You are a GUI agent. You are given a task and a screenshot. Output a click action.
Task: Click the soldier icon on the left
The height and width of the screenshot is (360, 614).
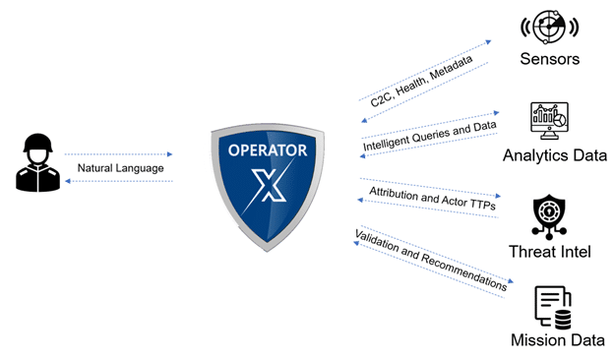pyautogui.click(x=37, y=163)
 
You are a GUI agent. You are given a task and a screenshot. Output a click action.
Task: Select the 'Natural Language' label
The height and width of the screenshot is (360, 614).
pyautogui.click(x=120, y=167)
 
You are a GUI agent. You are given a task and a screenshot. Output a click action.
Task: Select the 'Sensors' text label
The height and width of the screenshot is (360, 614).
pyautogui.click(x=550, y=59)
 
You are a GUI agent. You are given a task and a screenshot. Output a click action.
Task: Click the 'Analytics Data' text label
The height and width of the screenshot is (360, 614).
pyautogui.click(x=555, y=155)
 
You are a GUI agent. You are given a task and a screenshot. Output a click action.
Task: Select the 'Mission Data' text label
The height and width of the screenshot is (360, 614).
pyautogui.click(x=557, y=341)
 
